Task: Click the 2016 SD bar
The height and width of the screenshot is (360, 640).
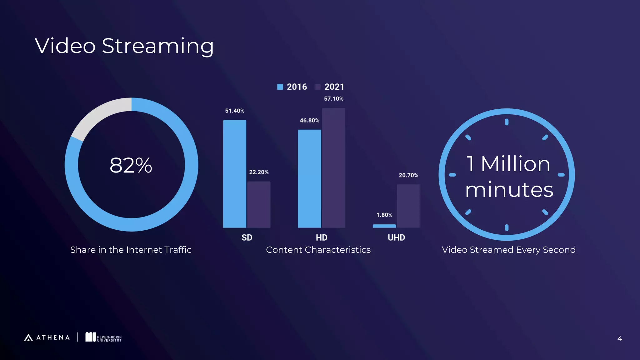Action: (x=235, y=174)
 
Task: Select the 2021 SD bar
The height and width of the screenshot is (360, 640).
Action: (x=259, y=204)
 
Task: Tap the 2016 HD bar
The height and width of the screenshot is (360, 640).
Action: (x=309, y=178)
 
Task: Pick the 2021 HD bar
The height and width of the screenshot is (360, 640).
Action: (x=333, y=168)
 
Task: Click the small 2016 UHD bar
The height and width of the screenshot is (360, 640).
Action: (x=384, y=226)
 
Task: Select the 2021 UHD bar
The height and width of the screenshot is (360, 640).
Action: (x=408, y=206)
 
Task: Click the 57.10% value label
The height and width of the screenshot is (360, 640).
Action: (x=333, y=99)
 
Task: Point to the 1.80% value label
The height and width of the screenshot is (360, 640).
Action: (x=384, y=215)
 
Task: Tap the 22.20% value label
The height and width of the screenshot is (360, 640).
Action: (x=259, y=172)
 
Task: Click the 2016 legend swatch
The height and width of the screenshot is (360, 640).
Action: (x=280, y=87)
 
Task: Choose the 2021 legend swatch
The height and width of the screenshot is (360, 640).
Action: (x=318, y=87)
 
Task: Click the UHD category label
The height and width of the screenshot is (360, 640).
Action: (x=396, y=237)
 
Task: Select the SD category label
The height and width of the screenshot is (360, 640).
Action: (x=247, y=237)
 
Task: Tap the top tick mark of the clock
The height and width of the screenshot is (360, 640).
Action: (x=507, y=122)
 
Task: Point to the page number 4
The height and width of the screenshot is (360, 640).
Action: (x=619, y=339)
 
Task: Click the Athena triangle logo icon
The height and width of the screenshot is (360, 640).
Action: (x=28, y=337)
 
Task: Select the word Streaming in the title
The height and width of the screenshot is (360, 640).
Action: (x=158, y=46)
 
